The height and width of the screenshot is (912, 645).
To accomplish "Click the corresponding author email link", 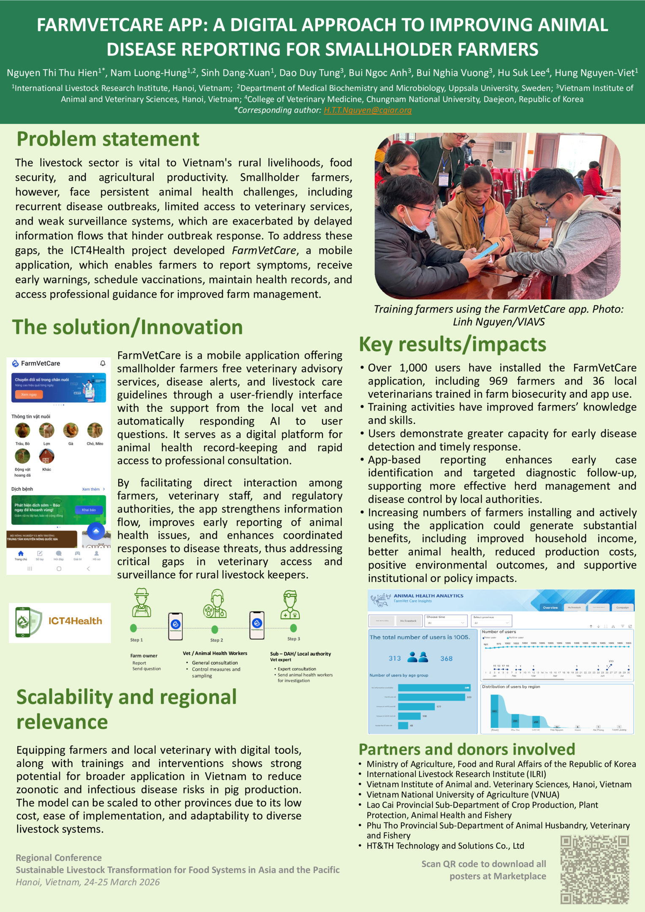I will (368, 110).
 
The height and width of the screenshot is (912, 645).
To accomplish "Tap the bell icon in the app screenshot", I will (103, 363).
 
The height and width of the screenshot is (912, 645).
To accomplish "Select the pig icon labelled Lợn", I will (46, 431).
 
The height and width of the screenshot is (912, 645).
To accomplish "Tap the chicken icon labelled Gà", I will (70, 431).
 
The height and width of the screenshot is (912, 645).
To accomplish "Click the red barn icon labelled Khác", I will (46, 456).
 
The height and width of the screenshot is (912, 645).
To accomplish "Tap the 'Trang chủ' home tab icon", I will (21, 554).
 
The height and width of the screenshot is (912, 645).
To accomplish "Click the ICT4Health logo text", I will (75, 621).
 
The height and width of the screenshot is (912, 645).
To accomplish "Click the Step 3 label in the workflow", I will (293, 639).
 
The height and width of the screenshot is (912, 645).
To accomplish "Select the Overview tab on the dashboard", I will (550, 608).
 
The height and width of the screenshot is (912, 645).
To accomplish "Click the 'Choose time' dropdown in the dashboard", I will (446, 621).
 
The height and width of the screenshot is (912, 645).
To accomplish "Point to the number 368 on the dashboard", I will (446, 659).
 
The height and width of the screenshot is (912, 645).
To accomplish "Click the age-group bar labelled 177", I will (416, 707).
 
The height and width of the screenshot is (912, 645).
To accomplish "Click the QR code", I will (594, 869).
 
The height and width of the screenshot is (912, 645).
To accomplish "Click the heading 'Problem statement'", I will (108, 139).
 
